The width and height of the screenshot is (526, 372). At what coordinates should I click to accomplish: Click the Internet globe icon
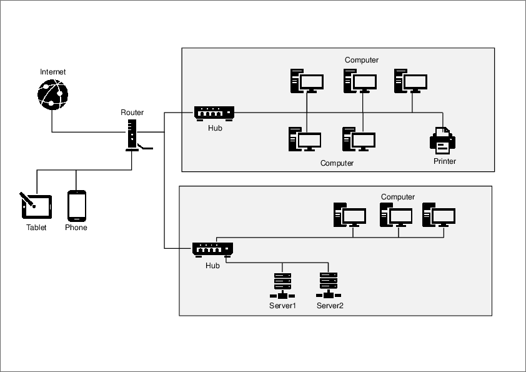pyautogui.click(x=52, y=94)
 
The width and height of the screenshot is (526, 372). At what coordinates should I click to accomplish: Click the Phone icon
pyautogui.click(x=76, y=206)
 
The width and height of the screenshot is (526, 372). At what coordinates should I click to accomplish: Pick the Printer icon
pyautogui.click(x=443, y=141)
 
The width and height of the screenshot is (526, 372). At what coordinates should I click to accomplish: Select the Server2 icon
pyautogui.click(x=329, y=286)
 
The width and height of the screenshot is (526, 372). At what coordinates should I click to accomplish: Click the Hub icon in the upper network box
pyautogui.click(x=214, y=113)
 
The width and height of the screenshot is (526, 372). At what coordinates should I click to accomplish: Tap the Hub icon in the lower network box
pyautogui.click(x=212, y=249)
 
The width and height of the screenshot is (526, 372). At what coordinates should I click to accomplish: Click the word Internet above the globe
pyautogui.click(x=52, y=72)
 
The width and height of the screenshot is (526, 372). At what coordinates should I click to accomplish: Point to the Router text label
pyautogui.click(x=132, y=113)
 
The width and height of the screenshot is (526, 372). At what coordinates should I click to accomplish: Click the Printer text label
pyautogui.click(x=445, y=161)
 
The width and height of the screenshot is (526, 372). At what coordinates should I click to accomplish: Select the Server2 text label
pyautogui.click(x=330, y=306)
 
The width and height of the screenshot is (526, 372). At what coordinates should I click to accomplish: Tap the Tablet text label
pyautogui.click(x=36, y=228)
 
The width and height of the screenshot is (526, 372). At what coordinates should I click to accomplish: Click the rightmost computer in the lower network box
pyautogui.click(x=439, y=214)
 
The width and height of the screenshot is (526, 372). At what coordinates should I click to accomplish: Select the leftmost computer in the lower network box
pyautogui.click(x=349, y=214)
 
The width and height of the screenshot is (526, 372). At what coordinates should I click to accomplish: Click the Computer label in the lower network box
pyautogui.click(x=398, y=197)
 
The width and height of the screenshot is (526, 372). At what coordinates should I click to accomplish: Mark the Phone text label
pyautogui.click(x=76, y=228)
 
